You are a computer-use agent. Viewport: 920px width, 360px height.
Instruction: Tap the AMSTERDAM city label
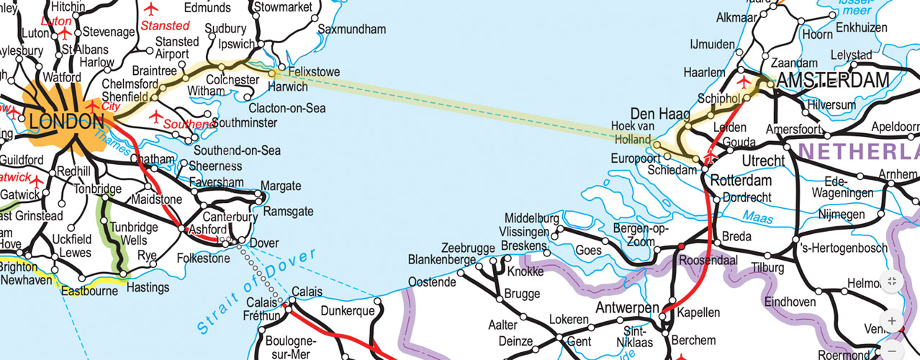(834, 81)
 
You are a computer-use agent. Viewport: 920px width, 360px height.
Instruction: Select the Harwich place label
(287, 87)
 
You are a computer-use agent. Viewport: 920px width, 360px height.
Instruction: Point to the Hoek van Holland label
(631, 132)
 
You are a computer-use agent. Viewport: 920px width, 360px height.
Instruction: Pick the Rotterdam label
(741, 181)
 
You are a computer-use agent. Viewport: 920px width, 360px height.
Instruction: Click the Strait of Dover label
(256, 292)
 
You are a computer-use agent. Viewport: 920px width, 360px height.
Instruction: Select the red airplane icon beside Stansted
(150, 9)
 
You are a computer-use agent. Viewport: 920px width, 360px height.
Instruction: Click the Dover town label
(263, 243)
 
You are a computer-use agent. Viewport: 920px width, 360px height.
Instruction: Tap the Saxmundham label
(352, 30)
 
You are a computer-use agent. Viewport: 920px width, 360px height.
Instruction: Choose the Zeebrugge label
(468, 248)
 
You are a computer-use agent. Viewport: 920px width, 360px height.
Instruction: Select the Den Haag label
(660, 114)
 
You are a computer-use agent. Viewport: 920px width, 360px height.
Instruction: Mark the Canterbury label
(230, 217)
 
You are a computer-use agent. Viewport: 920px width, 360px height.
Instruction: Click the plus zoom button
(892, 320)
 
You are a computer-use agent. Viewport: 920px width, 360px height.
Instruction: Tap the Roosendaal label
(708, 261)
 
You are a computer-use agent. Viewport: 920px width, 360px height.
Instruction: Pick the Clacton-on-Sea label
(287, 108)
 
